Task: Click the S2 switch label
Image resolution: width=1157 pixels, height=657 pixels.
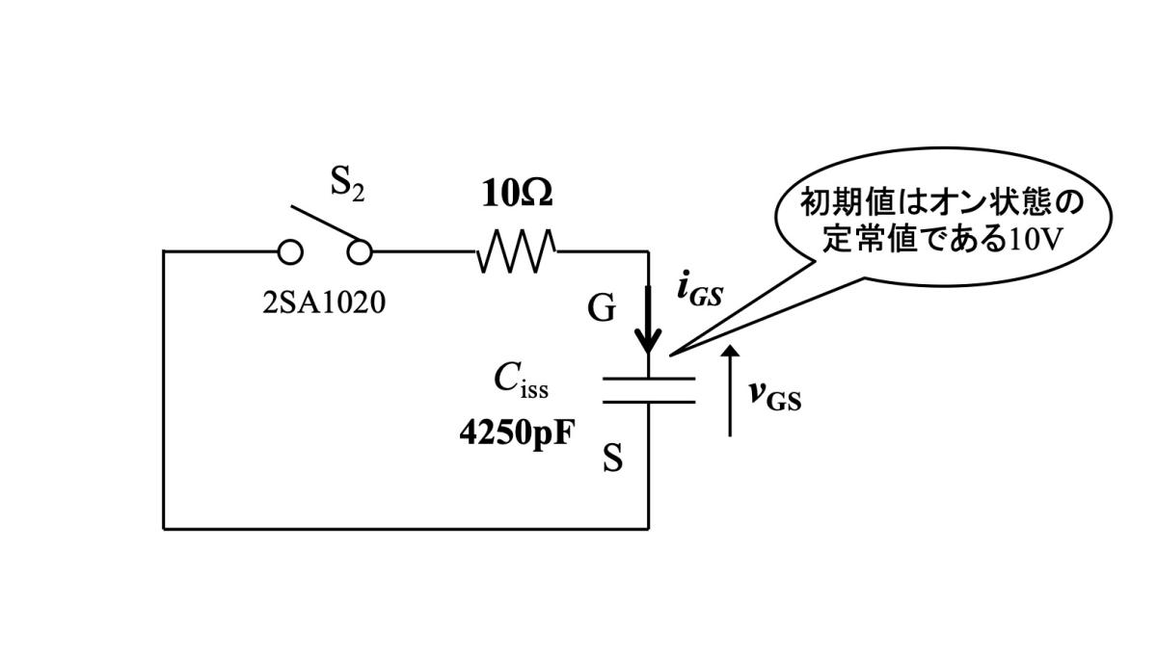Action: click(348, 184)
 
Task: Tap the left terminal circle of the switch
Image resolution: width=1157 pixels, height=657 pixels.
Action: click(289, 252)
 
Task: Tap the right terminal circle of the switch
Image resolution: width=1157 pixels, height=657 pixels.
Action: click(360, 252)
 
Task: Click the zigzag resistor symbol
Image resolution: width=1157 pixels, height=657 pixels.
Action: click(516, 251)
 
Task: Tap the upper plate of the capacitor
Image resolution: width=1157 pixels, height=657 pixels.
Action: click(648, 379)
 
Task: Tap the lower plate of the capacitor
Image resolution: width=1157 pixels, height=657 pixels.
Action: click(648, 400)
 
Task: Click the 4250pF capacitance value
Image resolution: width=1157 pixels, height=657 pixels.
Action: click(516, 430)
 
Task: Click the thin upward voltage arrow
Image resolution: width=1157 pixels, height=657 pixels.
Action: click(730, 390)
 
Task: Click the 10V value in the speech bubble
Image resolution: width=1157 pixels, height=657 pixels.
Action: click(1035, 239)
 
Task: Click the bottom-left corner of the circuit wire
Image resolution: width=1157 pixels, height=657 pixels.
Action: click(164, 528)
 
